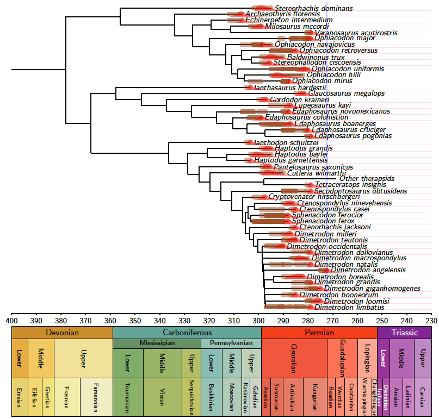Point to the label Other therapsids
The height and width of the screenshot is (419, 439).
click(x=367, y=179)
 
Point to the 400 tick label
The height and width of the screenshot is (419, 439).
click(x=11, y=320)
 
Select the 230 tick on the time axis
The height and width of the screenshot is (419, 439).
click(x=431, y=320)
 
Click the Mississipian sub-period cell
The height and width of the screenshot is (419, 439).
click(x=157, y=343)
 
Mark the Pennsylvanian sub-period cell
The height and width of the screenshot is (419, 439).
click(x=231, y=343)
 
